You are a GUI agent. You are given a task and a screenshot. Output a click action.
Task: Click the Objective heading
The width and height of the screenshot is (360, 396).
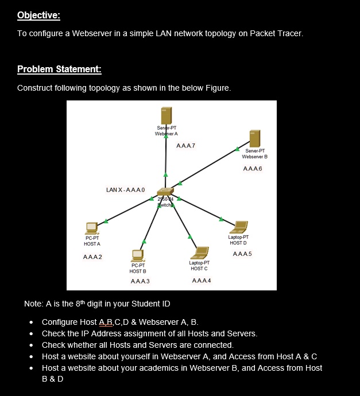pos(38,14)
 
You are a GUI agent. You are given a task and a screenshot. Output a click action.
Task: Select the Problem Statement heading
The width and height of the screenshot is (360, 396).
pos(59,69)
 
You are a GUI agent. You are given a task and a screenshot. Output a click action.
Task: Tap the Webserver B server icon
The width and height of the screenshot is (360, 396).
pos(255,138)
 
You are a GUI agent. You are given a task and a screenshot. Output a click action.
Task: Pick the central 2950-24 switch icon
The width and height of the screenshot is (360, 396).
pos(165,193)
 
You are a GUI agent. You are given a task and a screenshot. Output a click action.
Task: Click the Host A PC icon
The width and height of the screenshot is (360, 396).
pos(92,228)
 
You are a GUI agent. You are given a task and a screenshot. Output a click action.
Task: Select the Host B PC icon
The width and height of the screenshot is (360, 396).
pos(137,254)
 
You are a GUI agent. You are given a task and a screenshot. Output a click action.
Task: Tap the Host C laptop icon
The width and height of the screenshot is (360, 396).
pos(200,253)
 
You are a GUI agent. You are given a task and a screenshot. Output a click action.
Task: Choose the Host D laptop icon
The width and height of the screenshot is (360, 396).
pos(238,227)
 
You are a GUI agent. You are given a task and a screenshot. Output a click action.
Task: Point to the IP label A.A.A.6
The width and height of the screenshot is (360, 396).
pos(253,168)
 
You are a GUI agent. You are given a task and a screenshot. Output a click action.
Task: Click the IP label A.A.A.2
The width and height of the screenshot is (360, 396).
pos(93,256)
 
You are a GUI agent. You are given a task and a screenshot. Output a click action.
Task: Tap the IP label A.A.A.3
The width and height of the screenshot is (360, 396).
pos(140,281)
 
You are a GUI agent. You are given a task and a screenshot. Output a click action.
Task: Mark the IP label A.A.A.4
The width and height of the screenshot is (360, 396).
pos(202,279)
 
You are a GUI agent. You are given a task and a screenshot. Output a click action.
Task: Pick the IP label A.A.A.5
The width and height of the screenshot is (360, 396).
pos(242,253)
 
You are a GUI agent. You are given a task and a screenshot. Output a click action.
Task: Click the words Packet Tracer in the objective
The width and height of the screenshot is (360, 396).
pos(276,33)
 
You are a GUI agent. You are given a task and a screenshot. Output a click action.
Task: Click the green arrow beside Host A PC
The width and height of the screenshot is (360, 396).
pos(106,220)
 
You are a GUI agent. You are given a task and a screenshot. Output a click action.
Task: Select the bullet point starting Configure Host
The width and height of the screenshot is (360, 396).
pos(120,322)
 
